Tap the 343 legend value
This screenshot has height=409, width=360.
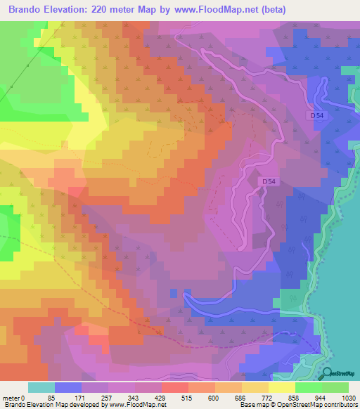coord(140,398)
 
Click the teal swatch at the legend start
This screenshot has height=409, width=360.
coord(41,387)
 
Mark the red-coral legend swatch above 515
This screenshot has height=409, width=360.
coord(174,387)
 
